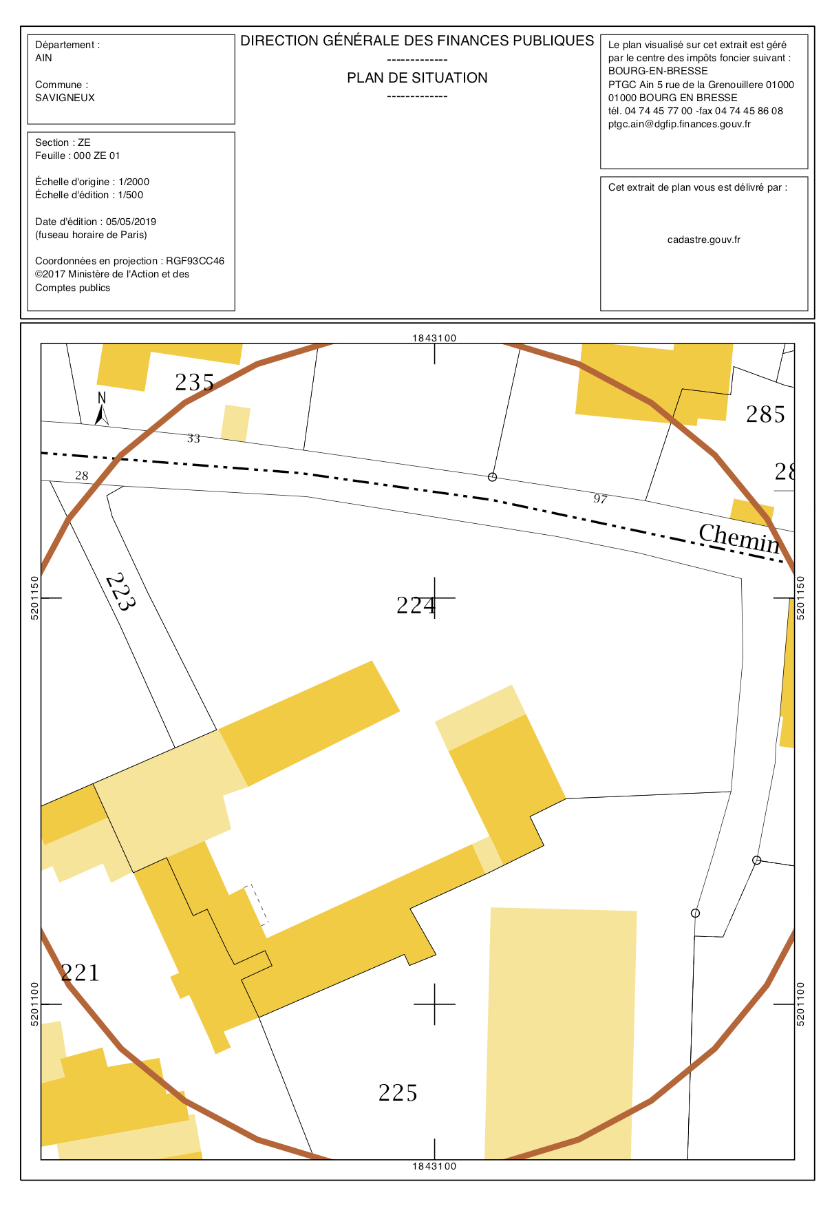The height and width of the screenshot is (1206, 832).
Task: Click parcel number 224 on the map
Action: [416, 605]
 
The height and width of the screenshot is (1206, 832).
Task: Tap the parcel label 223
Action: [120, 592]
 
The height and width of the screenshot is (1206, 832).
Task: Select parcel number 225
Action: [398, 1092]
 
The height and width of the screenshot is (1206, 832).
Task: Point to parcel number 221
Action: [81, 973]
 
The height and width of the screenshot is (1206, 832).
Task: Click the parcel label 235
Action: [195, 382]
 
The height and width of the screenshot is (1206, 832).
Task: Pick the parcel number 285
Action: [765, 414]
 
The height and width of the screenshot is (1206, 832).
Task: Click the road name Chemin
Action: [740, 538]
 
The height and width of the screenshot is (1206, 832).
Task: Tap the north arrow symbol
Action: [101, 408]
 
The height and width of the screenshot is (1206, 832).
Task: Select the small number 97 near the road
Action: [600, 499]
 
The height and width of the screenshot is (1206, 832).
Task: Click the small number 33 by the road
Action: [193, 438]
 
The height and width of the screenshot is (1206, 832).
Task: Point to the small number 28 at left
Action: [82, 476]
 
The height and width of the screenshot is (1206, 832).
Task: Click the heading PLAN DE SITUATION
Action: [417, 78]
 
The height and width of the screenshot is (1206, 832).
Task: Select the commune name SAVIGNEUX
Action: [65, 98]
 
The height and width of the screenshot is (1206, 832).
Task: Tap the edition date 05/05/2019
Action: [131, 222]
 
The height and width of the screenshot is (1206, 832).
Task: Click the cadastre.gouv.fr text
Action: [704, 240]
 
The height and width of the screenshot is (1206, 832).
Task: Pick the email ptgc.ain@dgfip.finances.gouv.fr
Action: [679, 125]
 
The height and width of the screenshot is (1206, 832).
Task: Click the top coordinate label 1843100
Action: [434, 338]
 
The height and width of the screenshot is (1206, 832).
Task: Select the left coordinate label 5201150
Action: [35, 598]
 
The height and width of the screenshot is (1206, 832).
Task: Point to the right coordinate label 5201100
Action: [800, 1004]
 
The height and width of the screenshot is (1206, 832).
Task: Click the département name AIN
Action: [43, 58]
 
